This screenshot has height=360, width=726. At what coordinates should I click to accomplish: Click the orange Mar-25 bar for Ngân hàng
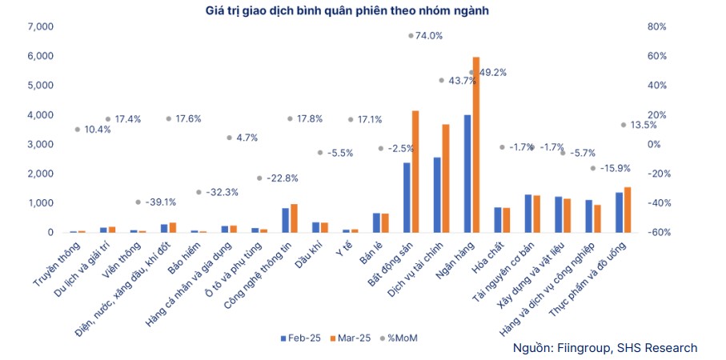476,145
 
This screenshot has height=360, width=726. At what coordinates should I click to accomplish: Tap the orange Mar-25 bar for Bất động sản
415,172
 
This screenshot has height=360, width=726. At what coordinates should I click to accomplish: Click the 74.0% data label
428,36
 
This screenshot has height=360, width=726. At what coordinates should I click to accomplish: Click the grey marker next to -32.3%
199,192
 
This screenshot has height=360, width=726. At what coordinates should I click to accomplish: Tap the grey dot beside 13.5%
623,125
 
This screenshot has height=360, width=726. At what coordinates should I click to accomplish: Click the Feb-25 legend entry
300,338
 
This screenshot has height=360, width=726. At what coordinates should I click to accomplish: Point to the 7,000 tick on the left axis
40,26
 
